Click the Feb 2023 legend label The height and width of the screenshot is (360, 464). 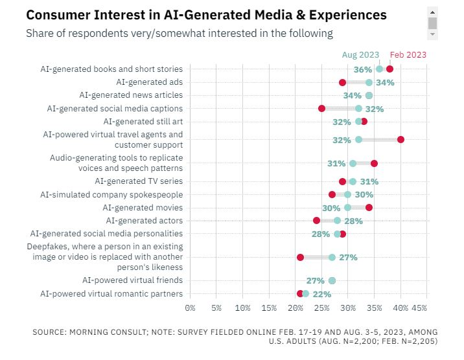[408, 55]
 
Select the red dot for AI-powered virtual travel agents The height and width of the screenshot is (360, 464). [401, 140]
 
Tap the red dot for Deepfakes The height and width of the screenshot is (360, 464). [301, 257]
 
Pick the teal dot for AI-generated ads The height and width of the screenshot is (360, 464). [369, 82]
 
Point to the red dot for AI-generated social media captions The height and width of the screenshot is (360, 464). [322, 109]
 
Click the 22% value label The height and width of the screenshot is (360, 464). [322, 294]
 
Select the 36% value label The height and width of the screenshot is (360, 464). [363, 69]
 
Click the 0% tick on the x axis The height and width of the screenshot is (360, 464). [191, 308]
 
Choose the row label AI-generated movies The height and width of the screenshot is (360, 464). [143, 208]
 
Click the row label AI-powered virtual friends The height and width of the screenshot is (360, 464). [132, 280]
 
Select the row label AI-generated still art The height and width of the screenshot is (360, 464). [143, 122]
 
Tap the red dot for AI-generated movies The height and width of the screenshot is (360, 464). [369, 208]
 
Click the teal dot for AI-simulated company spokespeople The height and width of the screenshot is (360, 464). [348, 194]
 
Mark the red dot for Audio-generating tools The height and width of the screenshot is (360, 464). [375, 164]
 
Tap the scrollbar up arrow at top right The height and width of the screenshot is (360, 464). [433, 11]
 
